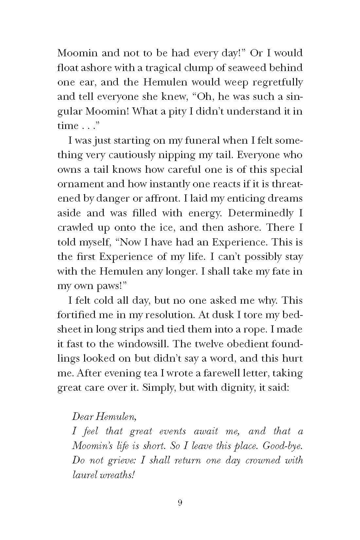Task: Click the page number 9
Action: pyautogui.click(x=180, y=512)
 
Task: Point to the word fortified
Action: pyautogui.click(x=76, y=315)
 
